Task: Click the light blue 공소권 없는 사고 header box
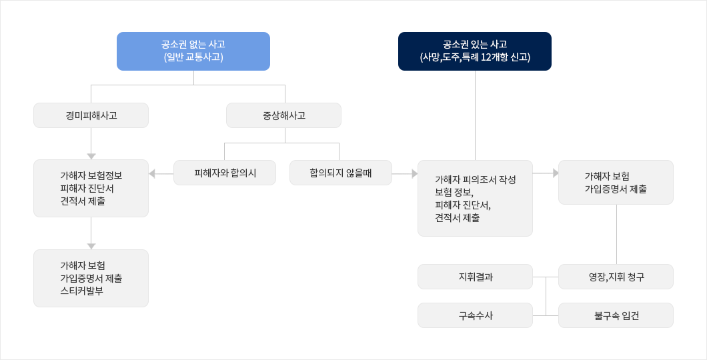point(193,51)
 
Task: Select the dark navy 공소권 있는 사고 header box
point(475,51)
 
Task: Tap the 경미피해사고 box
point(91,115)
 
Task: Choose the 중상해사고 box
point(283,115)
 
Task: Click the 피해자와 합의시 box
point(225,173)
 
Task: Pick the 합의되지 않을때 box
point(340,173)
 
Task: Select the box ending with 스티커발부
point(91,279)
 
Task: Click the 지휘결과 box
point(476,277)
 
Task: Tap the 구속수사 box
point(476,315)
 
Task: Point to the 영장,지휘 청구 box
point(616,277)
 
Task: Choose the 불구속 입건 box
point(616,315)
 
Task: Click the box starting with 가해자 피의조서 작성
point(476,198)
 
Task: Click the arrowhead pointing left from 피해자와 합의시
point(152,173)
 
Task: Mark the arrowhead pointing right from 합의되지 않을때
point(415,173)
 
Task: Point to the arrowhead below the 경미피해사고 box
point(91,157)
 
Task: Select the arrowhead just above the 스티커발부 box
point(91,247)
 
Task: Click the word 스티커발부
point(81,291)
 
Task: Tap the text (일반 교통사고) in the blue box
point(193,57)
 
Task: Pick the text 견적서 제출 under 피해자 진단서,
point(457,217)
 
